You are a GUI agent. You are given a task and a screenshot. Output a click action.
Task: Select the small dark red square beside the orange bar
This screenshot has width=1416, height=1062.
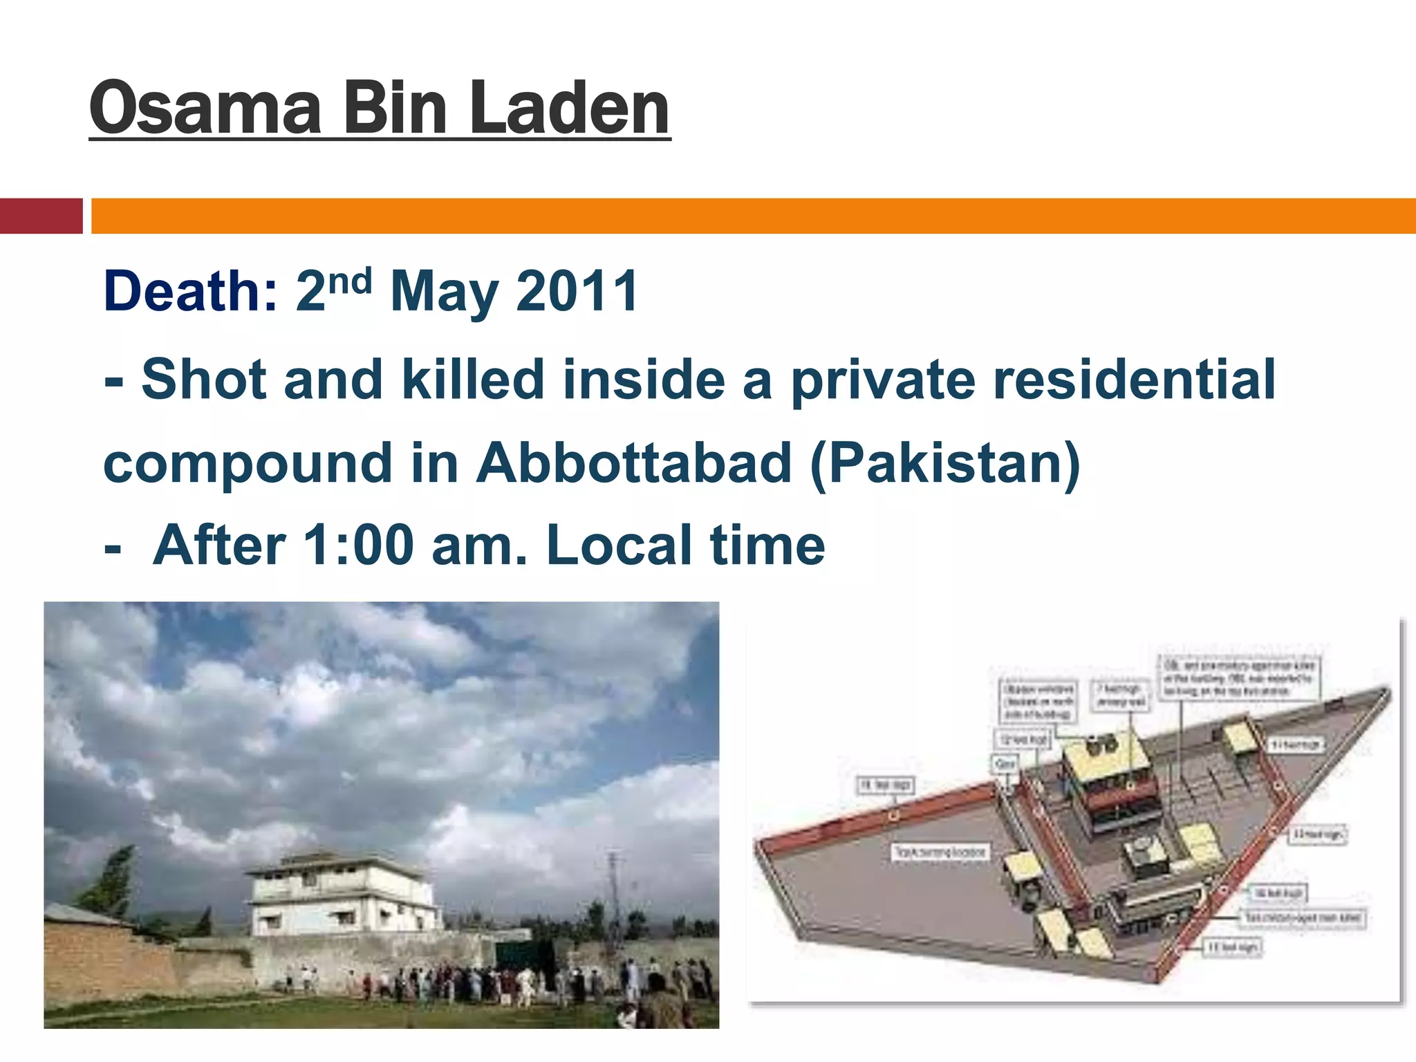tap(41, 216)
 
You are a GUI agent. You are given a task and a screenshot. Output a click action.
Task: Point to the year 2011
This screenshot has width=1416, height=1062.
tap(577, 292)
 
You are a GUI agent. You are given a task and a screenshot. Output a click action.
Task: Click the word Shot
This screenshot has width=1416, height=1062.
tap(204, 380)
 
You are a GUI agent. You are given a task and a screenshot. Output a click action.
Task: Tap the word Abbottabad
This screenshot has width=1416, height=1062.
tap(634, 463)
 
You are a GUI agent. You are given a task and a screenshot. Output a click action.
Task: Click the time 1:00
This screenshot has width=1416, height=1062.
tap(358, 546)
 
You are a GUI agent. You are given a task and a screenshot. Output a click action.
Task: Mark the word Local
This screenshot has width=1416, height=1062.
tap(618, 546)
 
